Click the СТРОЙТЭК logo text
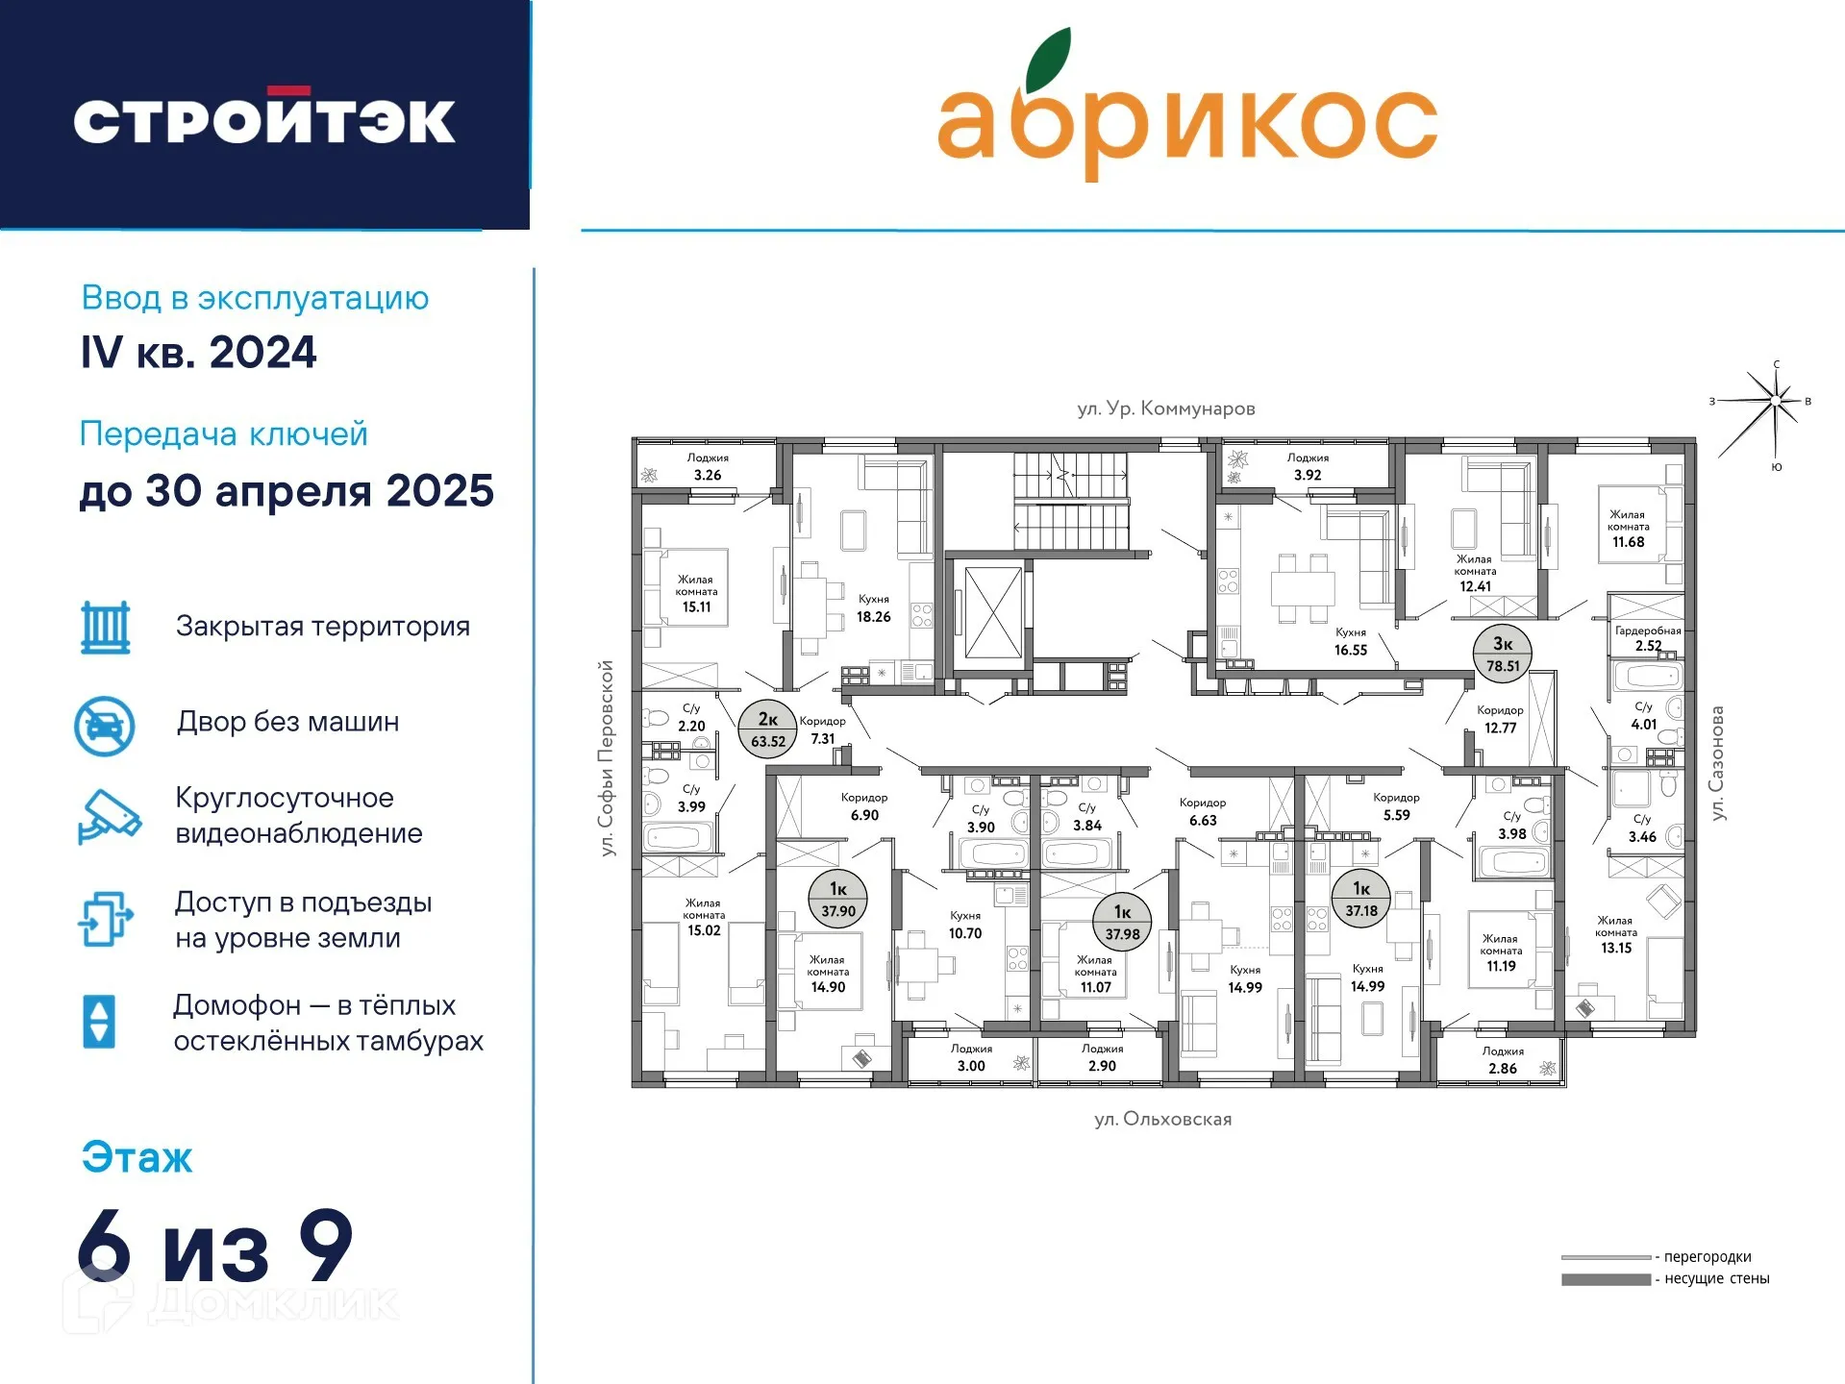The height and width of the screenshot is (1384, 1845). pos(264,118)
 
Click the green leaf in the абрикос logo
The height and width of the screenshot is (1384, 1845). pos(1048,60)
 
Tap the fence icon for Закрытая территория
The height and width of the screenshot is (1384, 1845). pos(105,628)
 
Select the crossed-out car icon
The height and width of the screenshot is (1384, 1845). pos(105,726)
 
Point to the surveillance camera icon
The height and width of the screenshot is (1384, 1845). pos(109,816)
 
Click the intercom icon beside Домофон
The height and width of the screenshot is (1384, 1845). pos(100,1021)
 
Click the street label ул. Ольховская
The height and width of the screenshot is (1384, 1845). pos(1162,1119)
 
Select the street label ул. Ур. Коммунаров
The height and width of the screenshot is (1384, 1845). pos(1165,408)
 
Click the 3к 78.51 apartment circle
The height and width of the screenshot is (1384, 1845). pos(1502,654)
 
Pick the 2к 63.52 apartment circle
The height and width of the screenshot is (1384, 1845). pos(767,729)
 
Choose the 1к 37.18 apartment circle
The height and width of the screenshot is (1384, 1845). pos(1360,899)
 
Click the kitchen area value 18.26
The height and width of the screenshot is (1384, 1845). pos(873,617)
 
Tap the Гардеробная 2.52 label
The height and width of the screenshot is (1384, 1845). pos(1648,638)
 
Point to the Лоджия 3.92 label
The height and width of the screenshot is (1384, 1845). pos(1308,467)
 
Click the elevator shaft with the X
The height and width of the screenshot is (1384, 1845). pos(992,612)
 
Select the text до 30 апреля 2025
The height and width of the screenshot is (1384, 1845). pos(287,491)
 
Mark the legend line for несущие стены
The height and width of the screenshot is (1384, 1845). pos(1606,1279)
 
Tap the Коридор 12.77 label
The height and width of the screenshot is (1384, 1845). pos(1500,719)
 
